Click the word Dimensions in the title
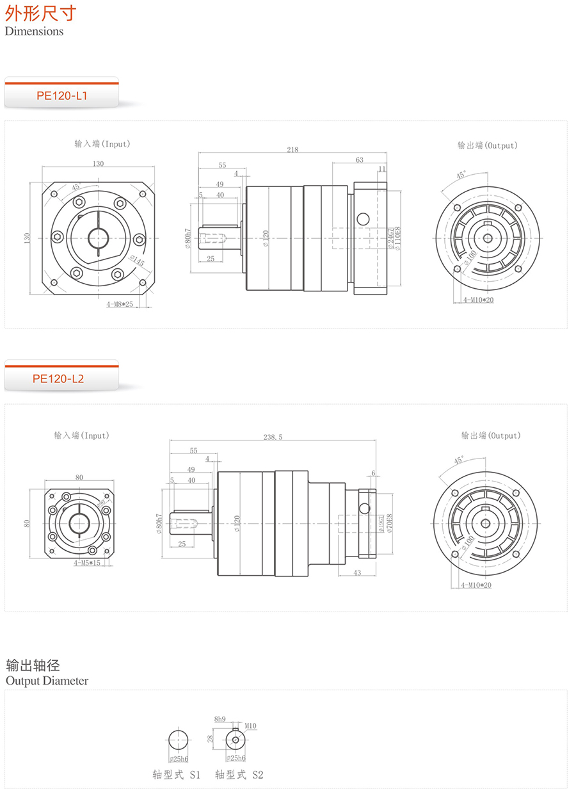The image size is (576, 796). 35,31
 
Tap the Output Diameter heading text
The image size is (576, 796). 47,681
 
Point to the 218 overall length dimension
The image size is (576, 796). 292,150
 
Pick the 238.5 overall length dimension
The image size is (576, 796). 273,437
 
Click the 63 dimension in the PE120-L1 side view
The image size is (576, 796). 360,160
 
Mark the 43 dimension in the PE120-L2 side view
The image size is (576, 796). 357,573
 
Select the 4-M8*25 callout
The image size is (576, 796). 120,304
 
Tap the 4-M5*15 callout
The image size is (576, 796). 86,564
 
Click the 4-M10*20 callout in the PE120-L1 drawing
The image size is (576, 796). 477,300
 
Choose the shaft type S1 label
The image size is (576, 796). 177,775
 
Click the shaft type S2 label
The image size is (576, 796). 239,775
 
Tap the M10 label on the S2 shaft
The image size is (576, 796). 250,726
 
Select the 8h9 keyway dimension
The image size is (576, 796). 220,719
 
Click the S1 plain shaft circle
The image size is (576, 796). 178,740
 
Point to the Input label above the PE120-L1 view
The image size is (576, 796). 102,144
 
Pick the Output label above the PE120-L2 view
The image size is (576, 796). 491,435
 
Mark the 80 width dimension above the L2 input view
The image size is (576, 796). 79,477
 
